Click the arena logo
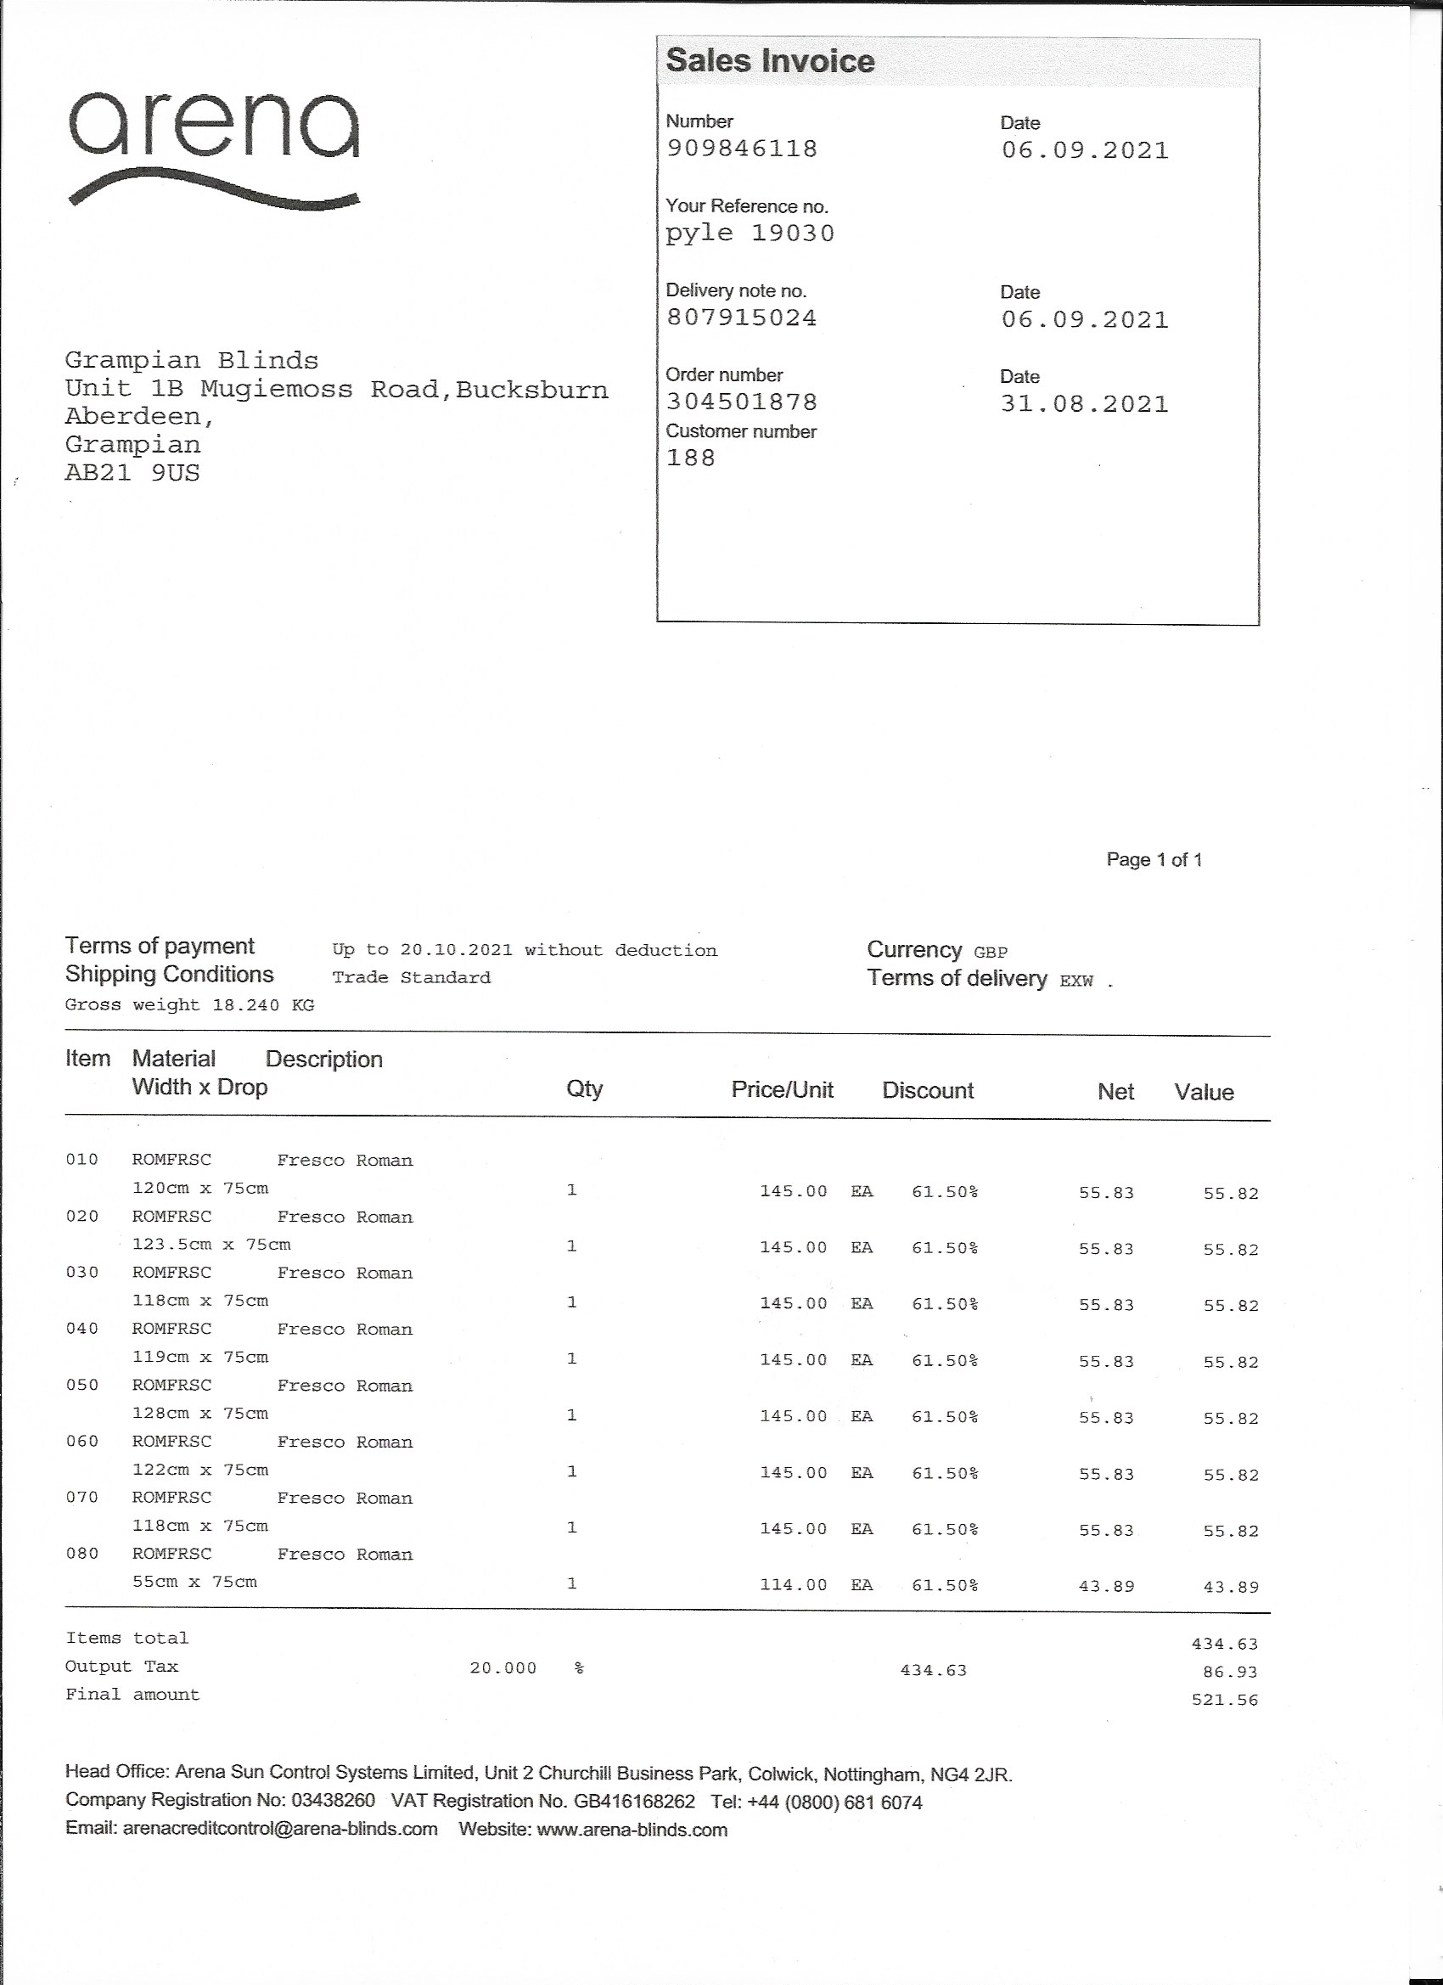point(214,149)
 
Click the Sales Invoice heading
point(770,61)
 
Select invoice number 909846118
point(742,149)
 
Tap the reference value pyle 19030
point(750,233)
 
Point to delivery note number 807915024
point(742,318)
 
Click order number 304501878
point(742,402)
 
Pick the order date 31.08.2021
point(1084,404)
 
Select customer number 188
point(690,458)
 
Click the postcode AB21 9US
point(132,473)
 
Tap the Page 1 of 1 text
point(1154,859)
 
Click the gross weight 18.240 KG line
point(189,1004)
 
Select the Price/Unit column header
point(783,1089)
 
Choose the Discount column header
point(928,1090)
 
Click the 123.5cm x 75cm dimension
point(211,1245)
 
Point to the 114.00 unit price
point(793,1585)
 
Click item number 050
point(82,1385)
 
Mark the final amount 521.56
point(1224,1701)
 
